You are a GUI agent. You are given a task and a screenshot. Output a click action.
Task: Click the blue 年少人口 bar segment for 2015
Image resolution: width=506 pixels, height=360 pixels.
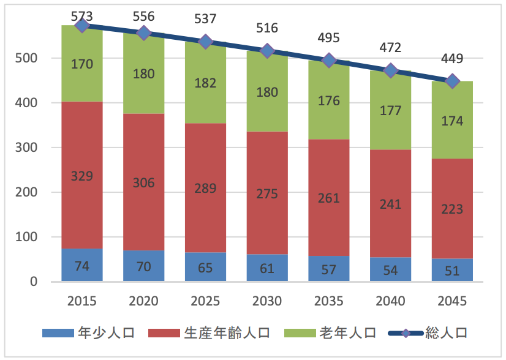(82, 265)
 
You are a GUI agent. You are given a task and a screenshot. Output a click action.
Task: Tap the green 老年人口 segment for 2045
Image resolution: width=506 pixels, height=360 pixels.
(452, 120)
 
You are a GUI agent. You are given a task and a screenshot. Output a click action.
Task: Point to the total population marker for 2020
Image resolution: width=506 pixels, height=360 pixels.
(144, 33)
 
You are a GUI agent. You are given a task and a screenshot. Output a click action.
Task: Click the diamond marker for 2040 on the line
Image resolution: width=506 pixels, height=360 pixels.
(390, 70)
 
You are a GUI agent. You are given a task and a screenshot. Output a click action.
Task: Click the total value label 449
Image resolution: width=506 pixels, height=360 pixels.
(452, 59)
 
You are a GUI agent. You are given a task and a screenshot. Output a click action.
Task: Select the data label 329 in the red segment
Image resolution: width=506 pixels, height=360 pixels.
(82, 176)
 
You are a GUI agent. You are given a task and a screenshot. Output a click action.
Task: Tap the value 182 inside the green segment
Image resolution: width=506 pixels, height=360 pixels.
(206, 83)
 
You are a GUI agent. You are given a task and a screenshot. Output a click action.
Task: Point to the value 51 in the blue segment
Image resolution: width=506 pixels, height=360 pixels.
(452, 271)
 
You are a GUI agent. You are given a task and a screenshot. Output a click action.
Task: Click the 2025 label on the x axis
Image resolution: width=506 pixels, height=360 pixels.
(206, 301)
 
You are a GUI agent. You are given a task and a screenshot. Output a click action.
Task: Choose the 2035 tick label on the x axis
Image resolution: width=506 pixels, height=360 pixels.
(329, 301)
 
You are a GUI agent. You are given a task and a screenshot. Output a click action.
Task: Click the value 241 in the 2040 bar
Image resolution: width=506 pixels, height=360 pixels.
(390, 203)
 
